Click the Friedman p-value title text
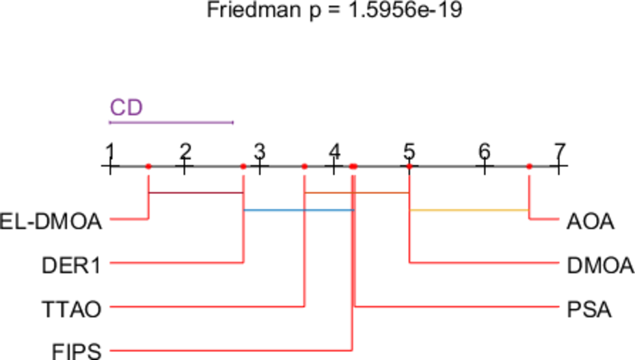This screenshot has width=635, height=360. [329, 11]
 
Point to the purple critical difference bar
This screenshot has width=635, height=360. [171, 123]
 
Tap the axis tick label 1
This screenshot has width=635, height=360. [109, 150]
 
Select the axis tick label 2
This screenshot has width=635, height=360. [185, 150]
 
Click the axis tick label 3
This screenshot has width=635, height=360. [259, 150]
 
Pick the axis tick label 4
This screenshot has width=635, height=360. [334, 150]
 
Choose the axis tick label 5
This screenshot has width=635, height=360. [409, 150]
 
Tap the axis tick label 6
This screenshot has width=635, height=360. [484, 150]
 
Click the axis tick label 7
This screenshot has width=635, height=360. [559, 150]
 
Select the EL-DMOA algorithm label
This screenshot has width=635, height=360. [52, 221]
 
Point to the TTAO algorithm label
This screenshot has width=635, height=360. [72, 309]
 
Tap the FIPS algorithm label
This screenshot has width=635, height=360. [77, 352]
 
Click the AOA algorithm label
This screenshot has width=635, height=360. [591, 221]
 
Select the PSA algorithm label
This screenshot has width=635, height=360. [589, 309]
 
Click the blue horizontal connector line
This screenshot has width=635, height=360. [298, 210]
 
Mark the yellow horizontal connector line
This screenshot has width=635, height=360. [469, 210]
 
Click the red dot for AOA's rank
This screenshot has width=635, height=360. [529, 166]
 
